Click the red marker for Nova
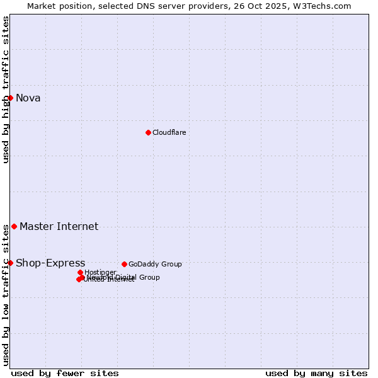[10, 98]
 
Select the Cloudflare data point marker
[148, 132]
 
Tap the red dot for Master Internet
[14, 226]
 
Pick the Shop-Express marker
[10, 263]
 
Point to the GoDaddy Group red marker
[124, 264]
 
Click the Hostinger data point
[80, 272]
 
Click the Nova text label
[28, 98]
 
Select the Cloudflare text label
[169, 132]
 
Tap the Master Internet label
[59, 226]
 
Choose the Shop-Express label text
[50, 263]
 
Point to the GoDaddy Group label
[155, 264]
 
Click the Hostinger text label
[100, 272]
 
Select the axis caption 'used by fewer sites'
[65, 373]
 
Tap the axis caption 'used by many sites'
[316, 373]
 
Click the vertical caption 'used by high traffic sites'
[6, 89]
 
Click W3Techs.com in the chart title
[324, 6]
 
